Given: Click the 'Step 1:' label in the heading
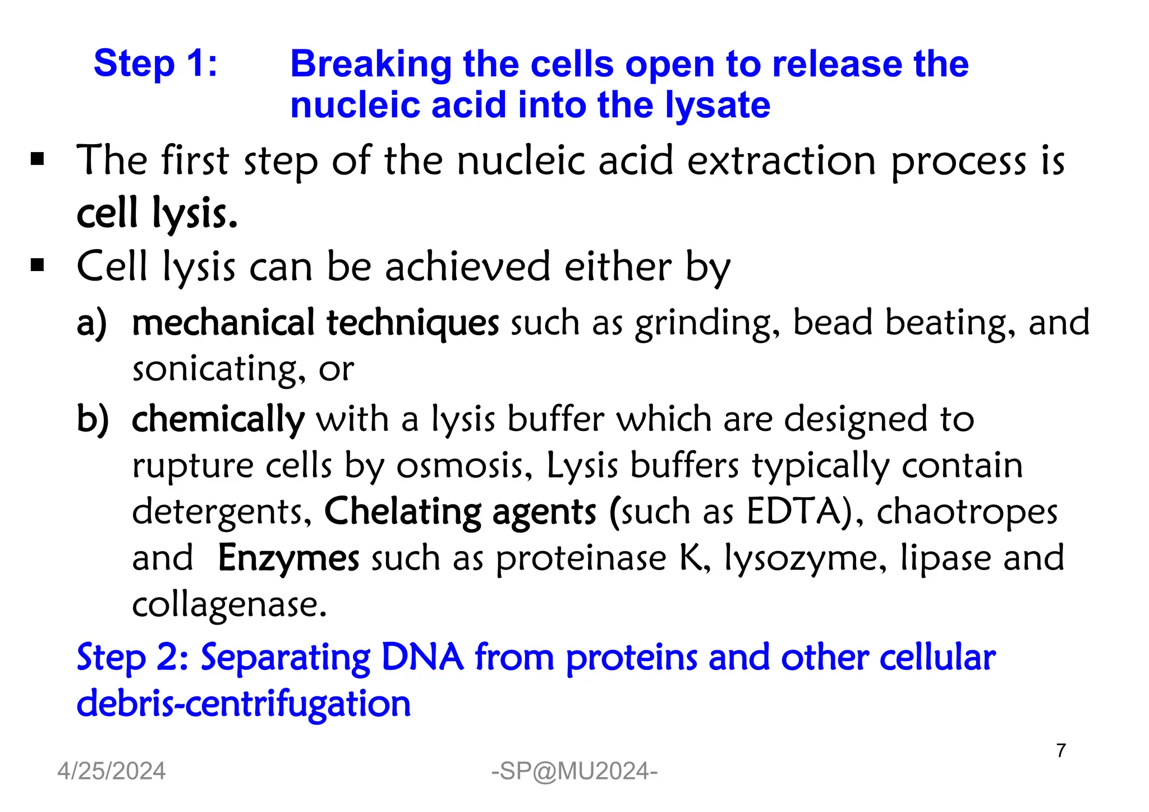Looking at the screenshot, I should (x=155, y=63).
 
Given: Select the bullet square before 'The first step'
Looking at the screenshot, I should (x=38, y=159).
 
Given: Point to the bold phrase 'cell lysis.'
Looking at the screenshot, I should (x=157, y=214).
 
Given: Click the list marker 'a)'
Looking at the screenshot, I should (x=91, y=324).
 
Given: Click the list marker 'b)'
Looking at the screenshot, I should (x=93, y=420).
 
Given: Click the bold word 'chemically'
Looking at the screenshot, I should (x=218, y=420).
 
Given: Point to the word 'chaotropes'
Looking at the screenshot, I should (x=967, y=512).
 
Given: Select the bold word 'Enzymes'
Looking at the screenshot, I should (x=288, y=558).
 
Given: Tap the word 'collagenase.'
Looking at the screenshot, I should (x=229, y=605).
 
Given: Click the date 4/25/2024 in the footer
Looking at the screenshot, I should (x=111, y=772).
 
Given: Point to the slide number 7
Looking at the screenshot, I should (x=1060, y=751).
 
